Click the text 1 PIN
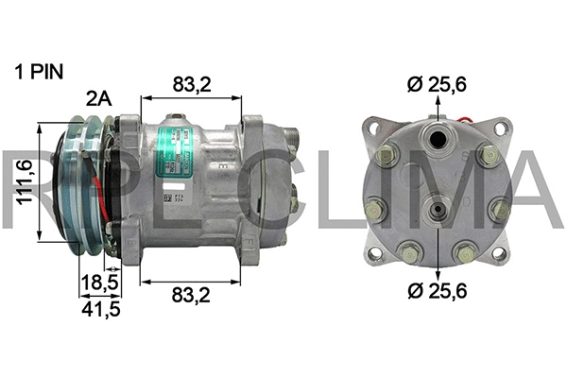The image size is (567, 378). (38, 72)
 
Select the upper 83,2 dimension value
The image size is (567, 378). (192, 85)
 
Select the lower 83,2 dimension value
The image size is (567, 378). (192, 296)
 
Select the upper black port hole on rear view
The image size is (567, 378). (439, 141)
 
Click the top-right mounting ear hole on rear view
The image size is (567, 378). (501, 128)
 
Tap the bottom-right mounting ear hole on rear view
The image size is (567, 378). (500, 252)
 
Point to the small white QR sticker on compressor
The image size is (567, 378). (168, 200)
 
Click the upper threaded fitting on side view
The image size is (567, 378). (293, 143)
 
